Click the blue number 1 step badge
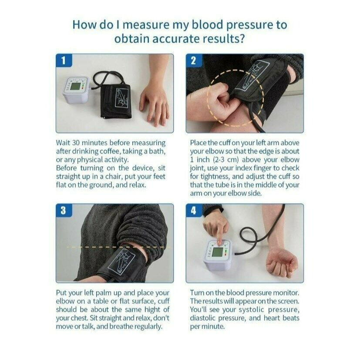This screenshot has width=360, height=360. click(64, 61)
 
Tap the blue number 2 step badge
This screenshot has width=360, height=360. click(193, 61)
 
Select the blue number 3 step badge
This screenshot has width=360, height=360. click(64, 210)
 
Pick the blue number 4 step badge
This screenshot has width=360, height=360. click(193, 210)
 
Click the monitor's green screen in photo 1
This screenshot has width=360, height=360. click(76, 87)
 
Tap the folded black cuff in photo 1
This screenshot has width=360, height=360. click(116, 101)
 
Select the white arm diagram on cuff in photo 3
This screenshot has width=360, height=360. click(122, 262)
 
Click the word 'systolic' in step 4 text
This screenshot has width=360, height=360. click(252, 310)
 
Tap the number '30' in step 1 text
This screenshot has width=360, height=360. click(76, 143)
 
